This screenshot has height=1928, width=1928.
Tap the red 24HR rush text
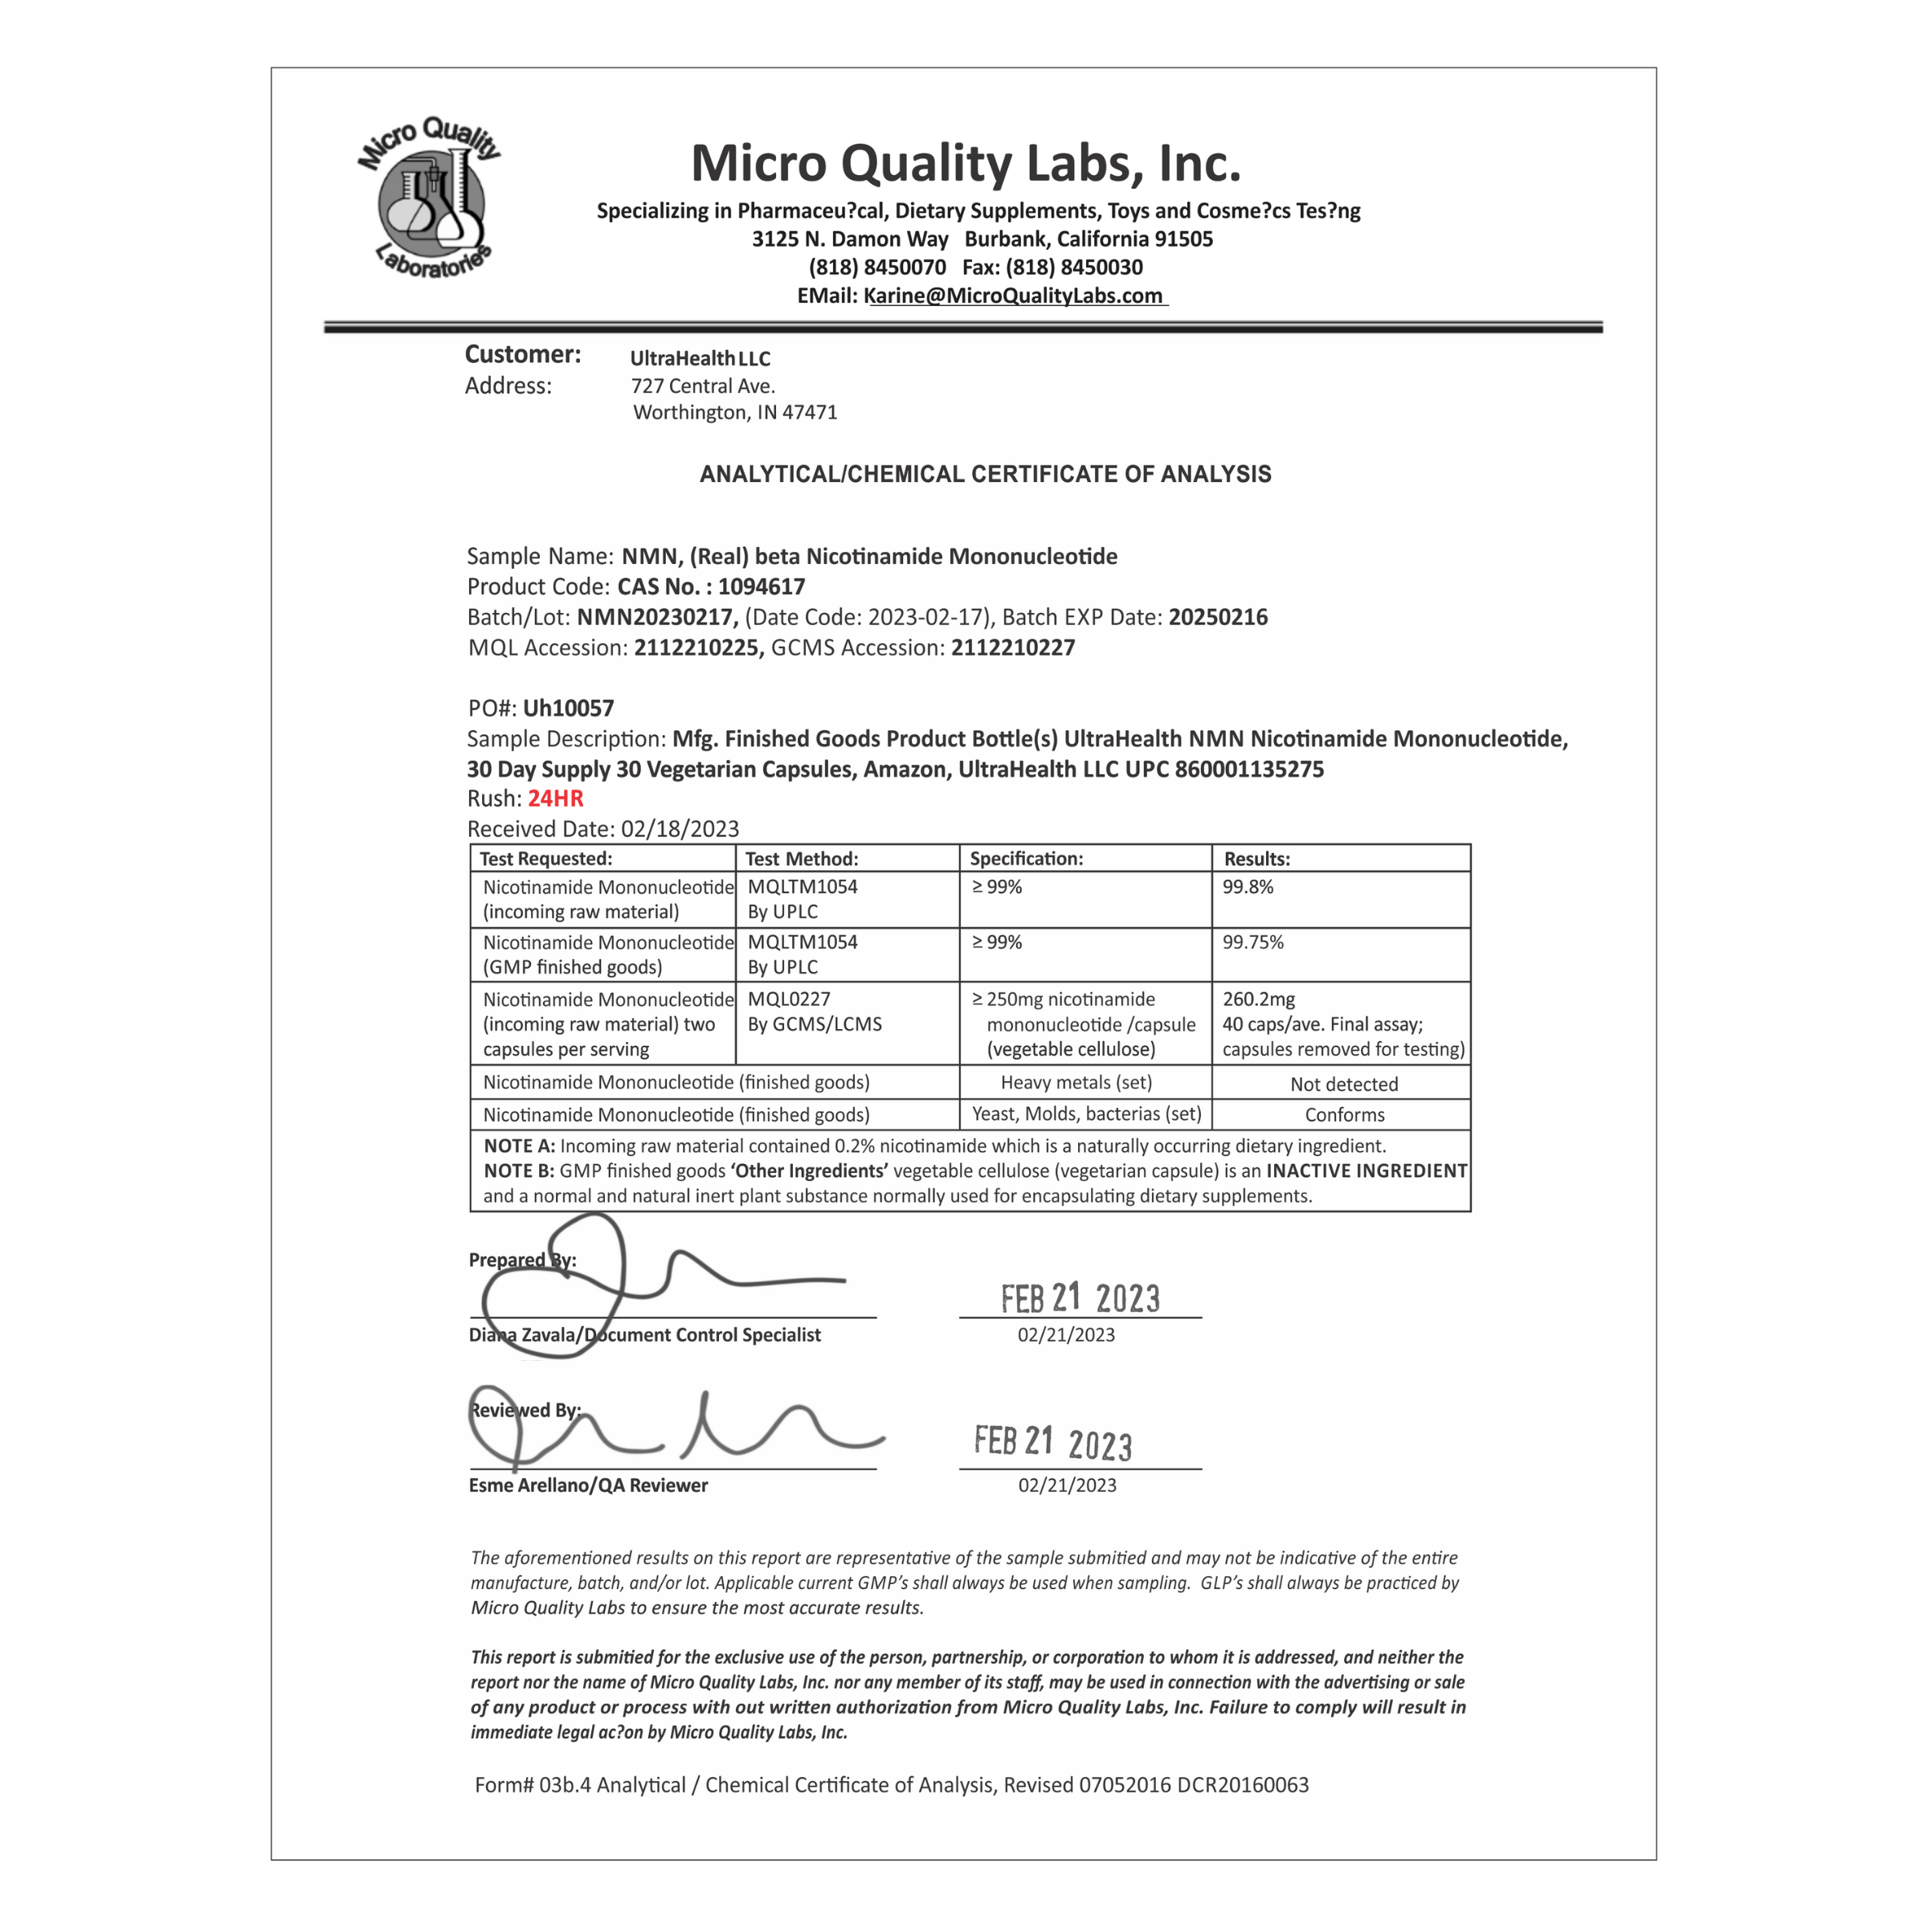click(555, 799)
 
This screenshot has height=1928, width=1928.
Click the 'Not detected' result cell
click(1343, 1084)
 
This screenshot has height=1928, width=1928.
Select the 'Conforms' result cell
click(1344, 1115)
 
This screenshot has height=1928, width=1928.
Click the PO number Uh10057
click(568, 709)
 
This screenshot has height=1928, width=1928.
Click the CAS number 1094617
click(761, 586)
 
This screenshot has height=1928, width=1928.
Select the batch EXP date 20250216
click(1218, 618)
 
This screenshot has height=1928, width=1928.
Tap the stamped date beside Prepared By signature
click(1080, 1298)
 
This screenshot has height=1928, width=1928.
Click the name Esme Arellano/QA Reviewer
click(588, 1485)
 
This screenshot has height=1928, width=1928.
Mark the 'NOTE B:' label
click(519, 1170)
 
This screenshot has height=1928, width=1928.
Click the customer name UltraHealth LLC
click(700, 359)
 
